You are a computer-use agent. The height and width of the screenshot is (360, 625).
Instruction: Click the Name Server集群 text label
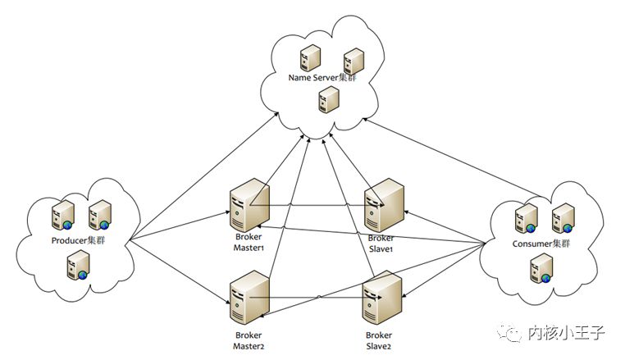(x=323, y=78)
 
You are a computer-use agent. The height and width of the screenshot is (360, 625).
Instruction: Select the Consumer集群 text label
(x=540, y=244)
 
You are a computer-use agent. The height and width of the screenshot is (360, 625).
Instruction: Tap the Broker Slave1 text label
(x=381, y=244)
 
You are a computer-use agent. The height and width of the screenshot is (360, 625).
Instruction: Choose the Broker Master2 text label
(x=248, y=340)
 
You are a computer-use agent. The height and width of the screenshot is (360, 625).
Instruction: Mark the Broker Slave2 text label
(x=378, y=340)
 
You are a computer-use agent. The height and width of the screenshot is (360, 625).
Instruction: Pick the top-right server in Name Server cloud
(x=354, y=62)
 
